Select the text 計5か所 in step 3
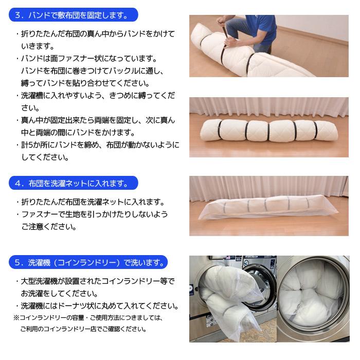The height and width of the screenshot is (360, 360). [33, 145]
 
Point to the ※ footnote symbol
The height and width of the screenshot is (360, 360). [16, 318]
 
